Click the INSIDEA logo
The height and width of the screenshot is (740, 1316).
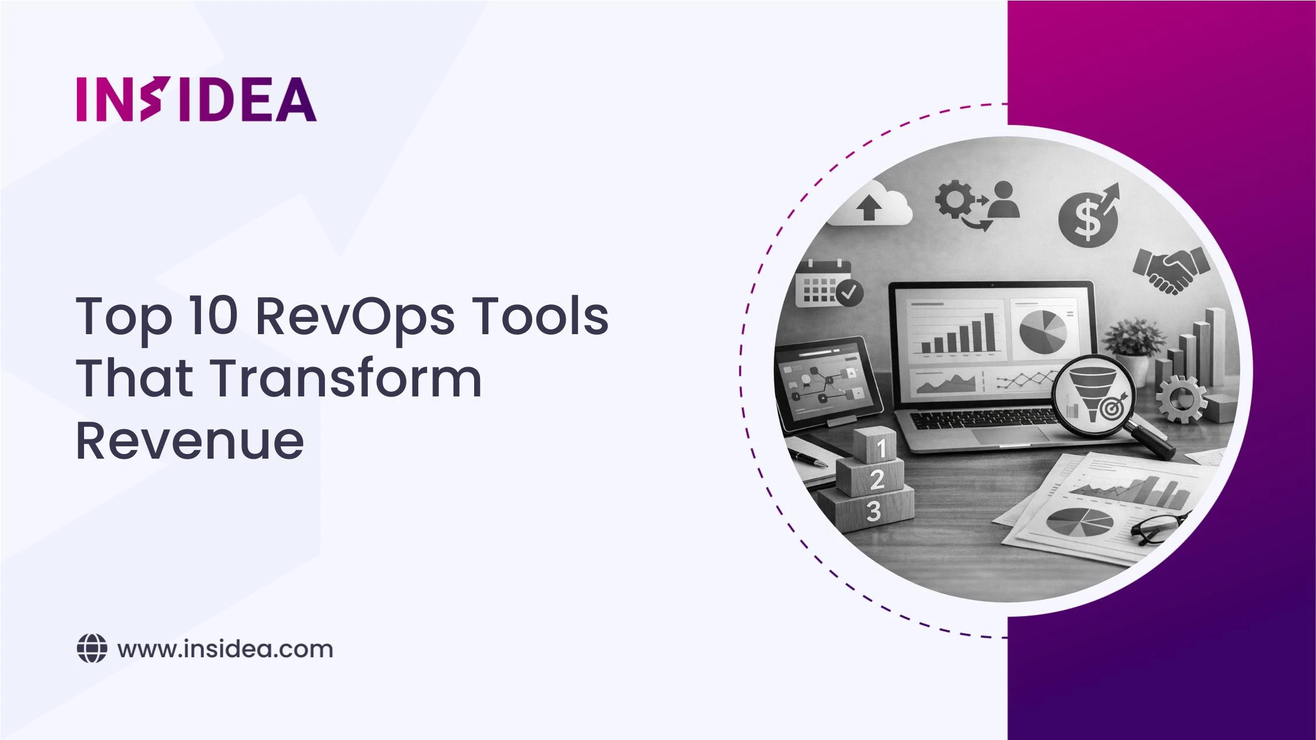[196, 99]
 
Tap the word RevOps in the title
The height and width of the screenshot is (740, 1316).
[355, 317]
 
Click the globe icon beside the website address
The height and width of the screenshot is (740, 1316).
[92, 649]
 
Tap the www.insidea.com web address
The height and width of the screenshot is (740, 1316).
[225, 649]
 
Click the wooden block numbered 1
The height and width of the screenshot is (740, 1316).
[875, 445]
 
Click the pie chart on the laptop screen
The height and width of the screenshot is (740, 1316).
[1042, 331]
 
